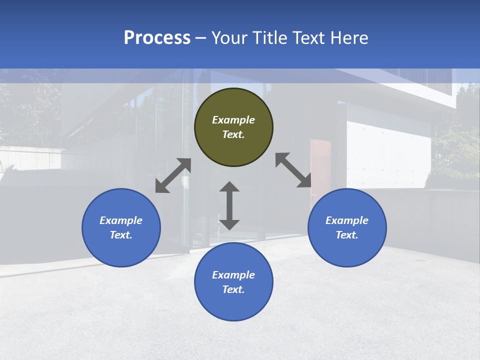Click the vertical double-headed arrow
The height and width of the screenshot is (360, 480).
pyautogui.click(x=229, y=205)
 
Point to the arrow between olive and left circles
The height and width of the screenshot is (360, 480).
pyautogui.click(x=173, y=175)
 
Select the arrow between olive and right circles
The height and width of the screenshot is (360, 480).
pyautogui.click(x=293, y=170)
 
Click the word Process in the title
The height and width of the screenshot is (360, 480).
pyautogui.click(x=157, y=37)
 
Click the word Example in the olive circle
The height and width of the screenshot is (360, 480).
pyautogui.click(x=233, y=120)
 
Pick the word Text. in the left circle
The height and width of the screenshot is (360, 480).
pyautogui.click(x=121, y=235)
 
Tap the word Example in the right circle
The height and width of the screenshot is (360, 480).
pyautogui.click(x=347, y=220)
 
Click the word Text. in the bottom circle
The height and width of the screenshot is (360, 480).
pyautogui.click(x=233, y=289)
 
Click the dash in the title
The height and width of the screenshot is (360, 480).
pyautogui.click(x=200, y=38)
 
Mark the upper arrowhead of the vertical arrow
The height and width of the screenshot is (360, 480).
pyautogui.click(x=229, y=187)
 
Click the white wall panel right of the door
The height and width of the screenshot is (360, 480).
pyautogui.click(x=388, y=150)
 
